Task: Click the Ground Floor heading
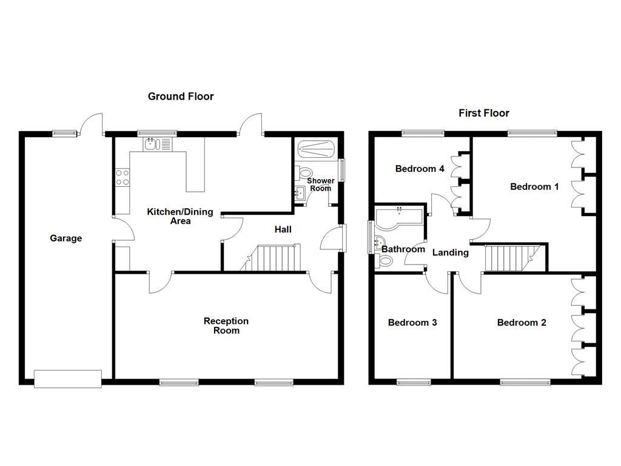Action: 181,96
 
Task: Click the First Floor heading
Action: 483,113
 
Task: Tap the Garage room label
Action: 65,238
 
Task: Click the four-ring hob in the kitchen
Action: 122,177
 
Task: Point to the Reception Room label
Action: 226,326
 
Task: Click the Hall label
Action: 283,229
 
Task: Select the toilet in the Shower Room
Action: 304,173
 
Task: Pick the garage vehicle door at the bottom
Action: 67,379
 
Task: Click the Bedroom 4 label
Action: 420,169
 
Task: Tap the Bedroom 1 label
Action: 534,187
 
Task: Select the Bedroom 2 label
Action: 521,323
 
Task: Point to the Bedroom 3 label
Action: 412,323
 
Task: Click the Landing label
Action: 450,252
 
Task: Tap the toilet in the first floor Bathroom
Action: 384,261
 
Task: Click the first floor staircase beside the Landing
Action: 509,257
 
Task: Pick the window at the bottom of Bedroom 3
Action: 414,382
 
